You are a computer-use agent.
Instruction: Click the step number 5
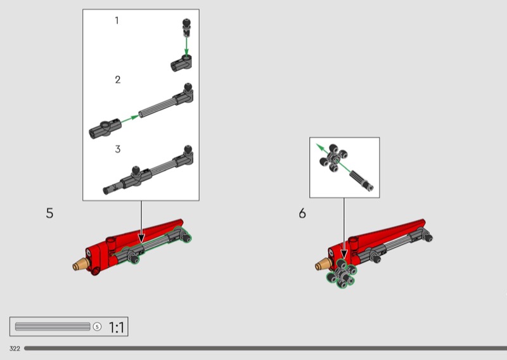[49, 213]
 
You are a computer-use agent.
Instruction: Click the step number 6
[302, 213]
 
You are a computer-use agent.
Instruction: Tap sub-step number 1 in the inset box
[117, 20]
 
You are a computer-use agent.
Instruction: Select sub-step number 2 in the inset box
[118, 80]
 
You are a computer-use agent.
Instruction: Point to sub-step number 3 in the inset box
[118, 149]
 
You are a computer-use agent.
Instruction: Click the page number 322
[15, 349]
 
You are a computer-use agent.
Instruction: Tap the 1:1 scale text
[117, 327]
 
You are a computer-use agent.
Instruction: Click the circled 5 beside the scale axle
[97, 326]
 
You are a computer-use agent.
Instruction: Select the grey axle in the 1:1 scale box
[53, 326]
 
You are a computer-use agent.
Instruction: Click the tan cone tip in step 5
[79, 264]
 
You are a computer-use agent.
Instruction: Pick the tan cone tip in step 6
[322, 264]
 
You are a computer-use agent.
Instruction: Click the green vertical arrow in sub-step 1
[186, 46]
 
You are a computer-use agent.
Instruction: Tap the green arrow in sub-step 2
[130, 119]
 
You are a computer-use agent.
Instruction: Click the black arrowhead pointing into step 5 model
[141, 239]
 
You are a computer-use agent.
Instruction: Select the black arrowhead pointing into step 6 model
[344, 254]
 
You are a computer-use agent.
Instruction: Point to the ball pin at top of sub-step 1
[186, 27]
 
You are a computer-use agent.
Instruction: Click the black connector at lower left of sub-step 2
[105, 129]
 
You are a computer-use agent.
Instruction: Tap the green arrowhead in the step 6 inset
[320, 147]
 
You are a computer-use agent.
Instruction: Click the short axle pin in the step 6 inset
[361, 179]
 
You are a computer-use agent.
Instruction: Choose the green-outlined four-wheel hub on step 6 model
[342, 274]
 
